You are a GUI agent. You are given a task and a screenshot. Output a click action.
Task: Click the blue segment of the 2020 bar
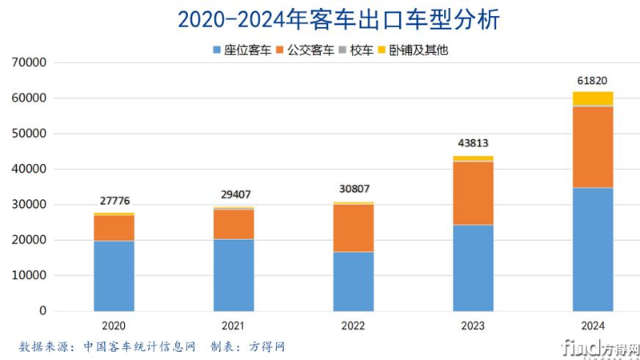click(114, 275)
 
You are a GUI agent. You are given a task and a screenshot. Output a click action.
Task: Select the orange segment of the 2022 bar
click(353, 228)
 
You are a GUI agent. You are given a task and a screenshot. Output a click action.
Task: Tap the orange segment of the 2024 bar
click(593, 147)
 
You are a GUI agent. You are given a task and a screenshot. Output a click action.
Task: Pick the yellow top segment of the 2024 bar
click(593, 98)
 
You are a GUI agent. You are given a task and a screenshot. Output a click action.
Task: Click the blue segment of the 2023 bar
click(473, 267)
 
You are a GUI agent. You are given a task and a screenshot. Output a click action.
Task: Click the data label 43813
click(473, 144)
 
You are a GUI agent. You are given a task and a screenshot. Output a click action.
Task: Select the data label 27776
click(114, 201)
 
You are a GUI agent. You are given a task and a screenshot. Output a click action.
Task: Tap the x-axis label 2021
click(233, 326)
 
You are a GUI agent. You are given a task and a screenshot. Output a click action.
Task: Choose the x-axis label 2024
click(593, 326)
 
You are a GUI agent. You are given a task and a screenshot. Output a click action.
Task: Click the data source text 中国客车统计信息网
click(139, 346)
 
